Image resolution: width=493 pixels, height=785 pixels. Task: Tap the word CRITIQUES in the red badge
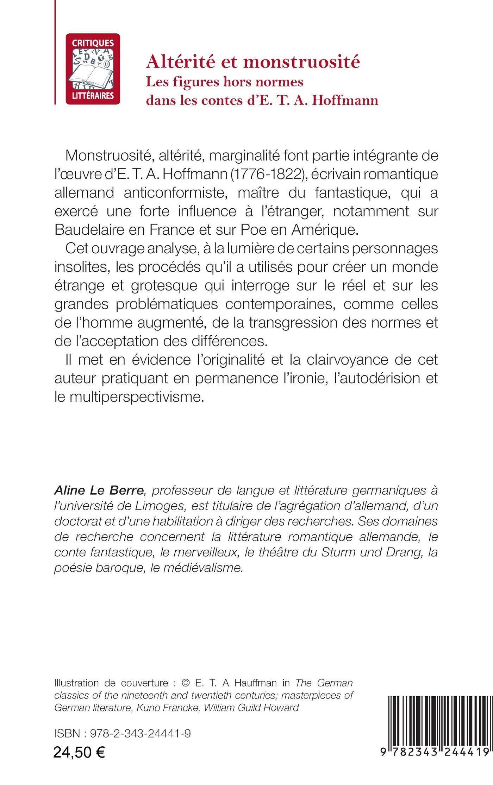click(x=93, y=43)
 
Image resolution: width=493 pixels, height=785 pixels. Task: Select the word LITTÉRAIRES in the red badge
click(x=93, y=96)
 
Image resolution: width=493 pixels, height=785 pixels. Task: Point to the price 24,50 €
click(x=79, y=753)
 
